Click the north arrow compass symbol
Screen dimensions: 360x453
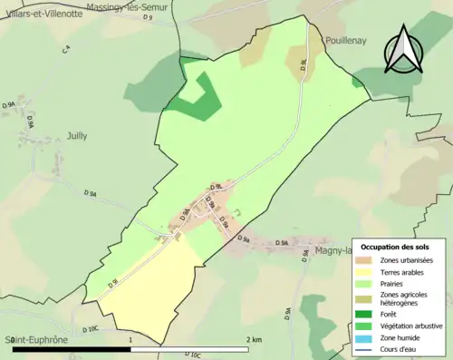(x=403, y=51)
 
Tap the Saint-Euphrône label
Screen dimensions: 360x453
(x=35, y=339)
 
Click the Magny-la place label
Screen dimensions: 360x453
(x=333, y=251)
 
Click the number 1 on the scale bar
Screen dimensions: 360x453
(x=131, y=339)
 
